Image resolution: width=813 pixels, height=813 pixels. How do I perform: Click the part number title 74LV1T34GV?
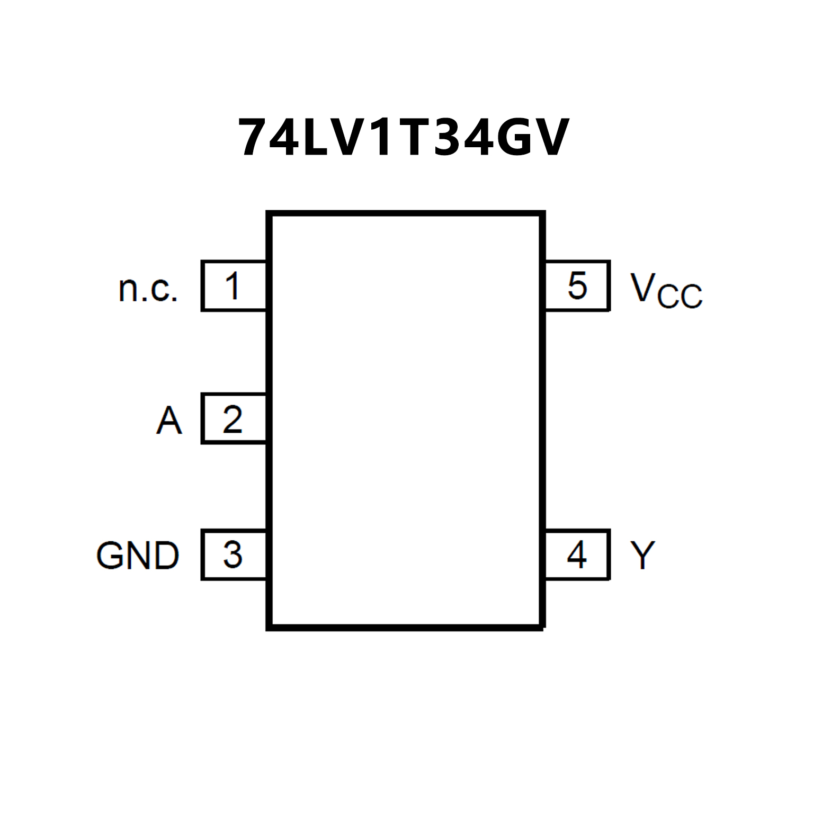404,138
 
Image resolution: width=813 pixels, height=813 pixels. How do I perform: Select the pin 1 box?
234,285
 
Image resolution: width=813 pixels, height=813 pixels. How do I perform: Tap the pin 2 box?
234,418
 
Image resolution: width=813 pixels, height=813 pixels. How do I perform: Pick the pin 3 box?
234,555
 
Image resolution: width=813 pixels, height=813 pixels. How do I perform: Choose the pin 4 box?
577,555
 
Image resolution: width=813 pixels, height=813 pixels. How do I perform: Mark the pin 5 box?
577,285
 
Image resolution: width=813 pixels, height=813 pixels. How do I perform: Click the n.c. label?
148,289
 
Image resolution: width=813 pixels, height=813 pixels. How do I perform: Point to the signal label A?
169,421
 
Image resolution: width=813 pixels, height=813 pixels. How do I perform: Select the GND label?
138,556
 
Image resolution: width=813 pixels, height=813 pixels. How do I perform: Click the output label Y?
643,555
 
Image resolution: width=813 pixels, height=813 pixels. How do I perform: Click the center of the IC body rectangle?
406,421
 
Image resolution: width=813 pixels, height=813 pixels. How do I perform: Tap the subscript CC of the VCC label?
680,296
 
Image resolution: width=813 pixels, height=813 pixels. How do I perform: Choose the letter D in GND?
165,556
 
